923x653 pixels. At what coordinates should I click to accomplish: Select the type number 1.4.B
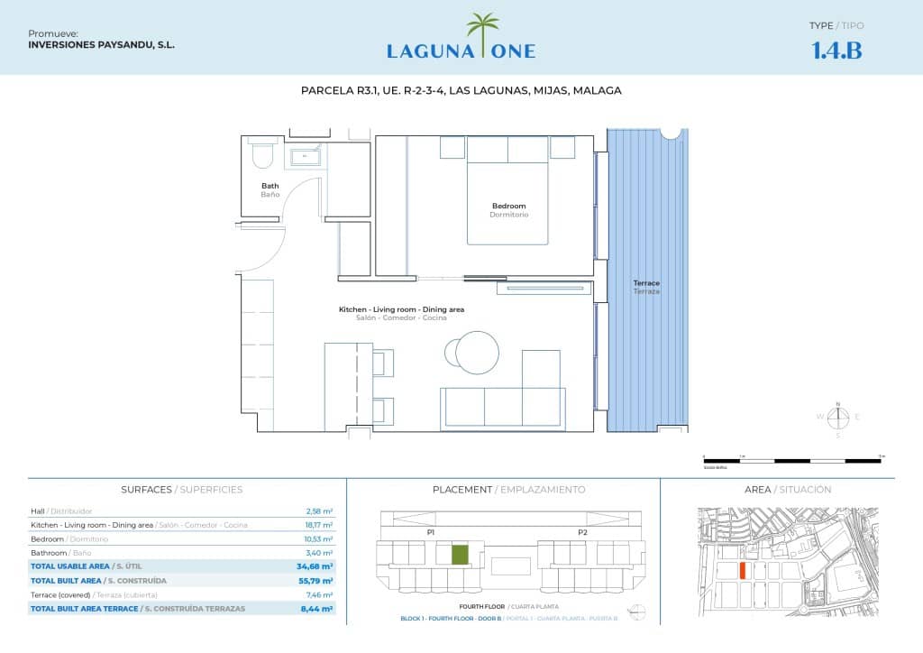(x=836, y=51)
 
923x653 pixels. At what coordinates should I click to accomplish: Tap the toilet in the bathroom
(x=262, y=155)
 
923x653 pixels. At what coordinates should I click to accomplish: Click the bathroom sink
(x=306, y=158)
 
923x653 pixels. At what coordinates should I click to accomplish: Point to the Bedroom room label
(x=508, y=207)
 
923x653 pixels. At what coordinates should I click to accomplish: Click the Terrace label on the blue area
(x=646, y=283)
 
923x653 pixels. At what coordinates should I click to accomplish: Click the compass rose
(x=838, y=417)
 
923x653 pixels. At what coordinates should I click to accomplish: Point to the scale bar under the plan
(x=792, y=460)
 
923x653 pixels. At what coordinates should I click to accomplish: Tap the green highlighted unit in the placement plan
(x=460, y=555)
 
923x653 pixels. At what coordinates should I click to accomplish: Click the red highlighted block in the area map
(x=742, y=571)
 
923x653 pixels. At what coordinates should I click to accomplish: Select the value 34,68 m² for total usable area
(x=316, y=566)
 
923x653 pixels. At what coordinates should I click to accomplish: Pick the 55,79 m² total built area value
(x=316, y=581)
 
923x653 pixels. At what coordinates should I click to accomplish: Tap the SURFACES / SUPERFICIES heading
(x=181, y=490)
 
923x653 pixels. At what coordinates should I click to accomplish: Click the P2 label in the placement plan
(x=582, y=533)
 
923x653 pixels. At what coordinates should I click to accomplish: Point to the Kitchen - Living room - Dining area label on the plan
(x=401, y=309)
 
